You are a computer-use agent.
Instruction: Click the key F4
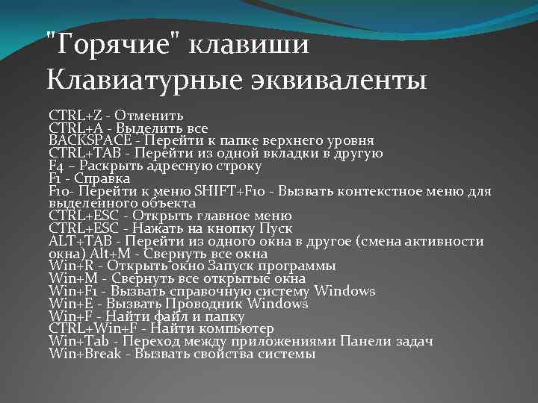pos(57,166)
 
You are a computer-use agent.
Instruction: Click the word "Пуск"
pos(276,228)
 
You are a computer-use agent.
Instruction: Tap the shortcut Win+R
pos(69,266)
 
